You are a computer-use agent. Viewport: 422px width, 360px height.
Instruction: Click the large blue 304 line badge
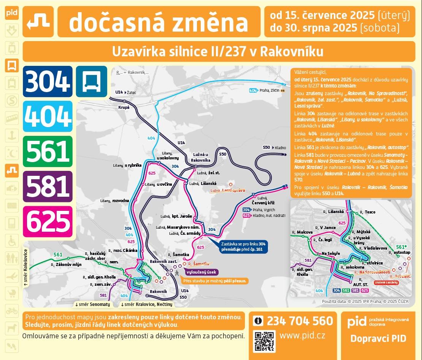[x=48, y=81]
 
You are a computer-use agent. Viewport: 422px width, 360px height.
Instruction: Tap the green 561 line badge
[x=48, y=151]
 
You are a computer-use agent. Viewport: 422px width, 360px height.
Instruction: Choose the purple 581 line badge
[x=48, y=186]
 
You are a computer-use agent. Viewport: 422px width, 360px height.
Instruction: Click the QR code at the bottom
[x=264, y=341]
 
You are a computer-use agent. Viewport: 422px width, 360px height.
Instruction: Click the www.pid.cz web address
[x=302, y=336]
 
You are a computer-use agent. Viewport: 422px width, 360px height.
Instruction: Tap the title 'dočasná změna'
[x=159, y=22]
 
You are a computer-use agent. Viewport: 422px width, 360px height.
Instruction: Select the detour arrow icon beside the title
[x=38, y=22]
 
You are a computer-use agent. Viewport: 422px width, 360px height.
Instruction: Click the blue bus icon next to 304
[x=91, y=81]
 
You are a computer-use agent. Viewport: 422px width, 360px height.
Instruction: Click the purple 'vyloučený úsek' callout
[x=201, y=272]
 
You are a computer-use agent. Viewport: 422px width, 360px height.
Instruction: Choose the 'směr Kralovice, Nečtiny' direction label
[x=146, y=304]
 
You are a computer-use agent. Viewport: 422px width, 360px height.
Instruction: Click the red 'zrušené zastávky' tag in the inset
[x=387, y=282]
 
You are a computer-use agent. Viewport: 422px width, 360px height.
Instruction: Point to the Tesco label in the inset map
[x=369, y=212]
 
